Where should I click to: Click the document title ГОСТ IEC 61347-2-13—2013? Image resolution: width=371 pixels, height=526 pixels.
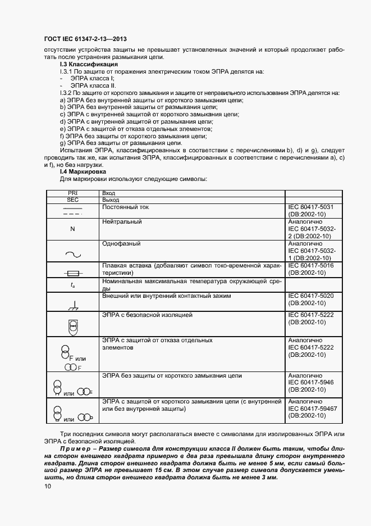click(85, 39)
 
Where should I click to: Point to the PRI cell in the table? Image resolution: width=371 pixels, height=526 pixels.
click(72, 193)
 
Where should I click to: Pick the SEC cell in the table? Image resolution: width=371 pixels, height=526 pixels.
click(72, 199)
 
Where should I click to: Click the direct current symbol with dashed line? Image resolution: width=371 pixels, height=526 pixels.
click(72, 212)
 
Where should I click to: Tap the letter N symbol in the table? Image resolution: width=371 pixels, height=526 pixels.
click(72, 229)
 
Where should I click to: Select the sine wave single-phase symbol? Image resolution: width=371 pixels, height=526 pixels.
click(72, 253)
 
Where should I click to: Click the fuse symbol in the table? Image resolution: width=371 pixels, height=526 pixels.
click(72, 273)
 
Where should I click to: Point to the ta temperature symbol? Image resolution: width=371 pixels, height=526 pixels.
click(72, 285)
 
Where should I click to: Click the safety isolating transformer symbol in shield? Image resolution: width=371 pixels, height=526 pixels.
click(72, 325)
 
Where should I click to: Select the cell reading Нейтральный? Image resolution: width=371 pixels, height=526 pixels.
click(122, 222)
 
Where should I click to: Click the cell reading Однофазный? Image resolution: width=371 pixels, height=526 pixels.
click(121, 244)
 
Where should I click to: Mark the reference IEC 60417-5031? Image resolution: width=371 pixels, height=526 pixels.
click(310, 207)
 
